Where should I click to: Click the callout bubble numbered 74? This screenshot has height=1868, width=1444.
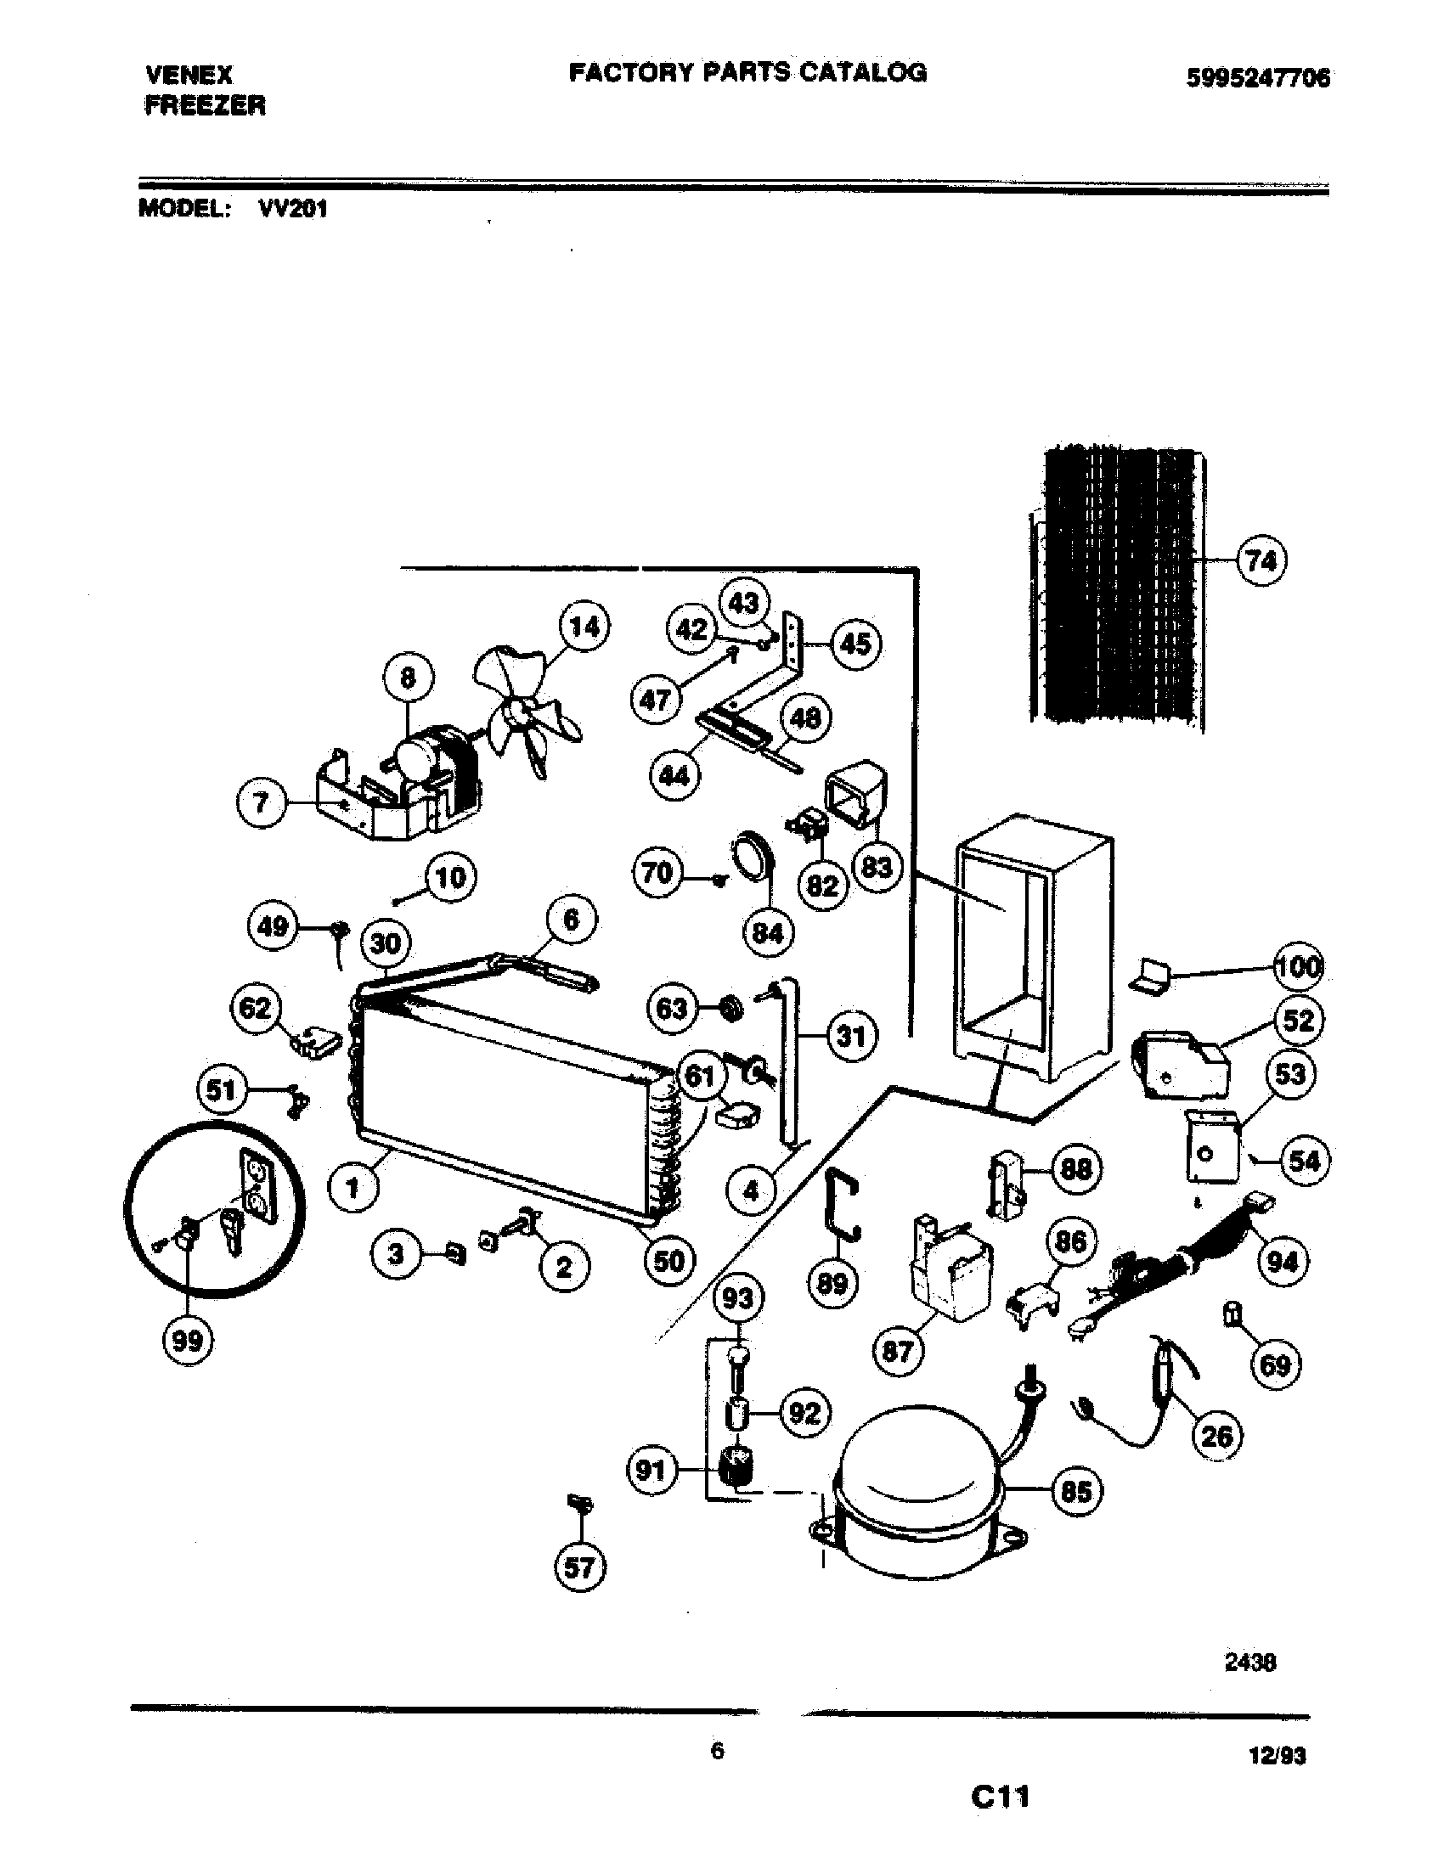pyautogui.click(x=1261, y=561)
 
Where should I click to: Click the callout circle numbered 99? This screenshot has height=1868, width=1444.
pyautogui.click(x=188, y=1341)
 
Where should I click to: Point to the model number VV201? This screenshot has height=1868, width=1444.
pyautogui.click(x=292, y=209)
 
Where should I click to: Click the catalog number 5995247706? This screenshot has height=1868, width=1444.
pyautogui.click(x=1257, y=79)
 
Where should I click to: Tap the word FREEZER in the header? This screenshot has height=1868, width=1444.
pyautogui.click(x=206, y=106)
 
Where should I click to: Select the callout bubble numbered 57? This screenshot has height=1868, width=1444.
pyautogui.click(x=579, y=1567)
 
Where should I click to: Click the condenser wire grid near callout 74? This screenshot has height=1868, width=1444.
pyautogui.click(x=1116, y=590)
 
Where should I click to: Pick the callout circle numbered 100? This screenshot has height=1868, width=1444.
pyautogui.click(x=1299, y=967)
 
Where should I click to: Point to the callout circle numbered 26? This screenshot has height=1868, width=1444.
pyautogui.click(x=1216, y=1436)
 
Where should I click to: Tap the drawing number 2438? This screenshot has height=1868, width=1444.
pyautogui.click(x=1249, y=1662)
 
